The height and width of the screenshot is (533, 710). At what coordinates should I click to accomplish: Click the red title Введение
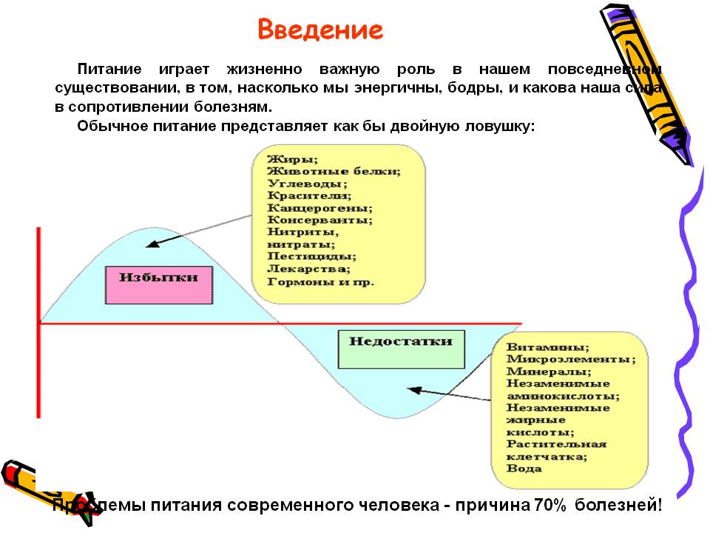click(320, 30)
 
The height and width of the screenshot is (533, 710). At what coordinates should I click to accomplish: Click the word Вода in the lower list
click(524, 468)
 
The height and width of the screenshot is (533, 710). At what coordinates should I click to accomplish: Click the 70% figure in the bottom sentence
click(548, 506)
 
